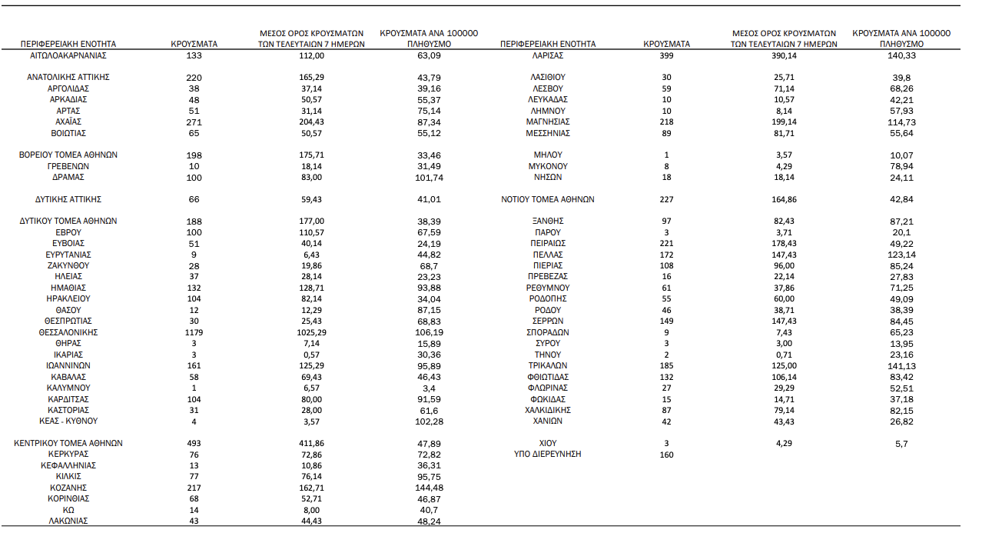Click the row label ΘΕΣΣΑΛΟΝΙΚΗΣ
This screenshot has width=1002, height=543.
click(68, 332)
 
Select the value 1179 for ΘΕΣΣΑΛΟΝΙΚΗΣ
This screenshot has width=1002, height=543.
click(194, 332)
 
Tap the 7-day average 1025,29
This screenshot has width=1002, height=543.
click(312, 332)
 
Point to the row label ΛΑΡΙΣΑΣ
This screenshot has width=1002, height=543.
click(547, 55)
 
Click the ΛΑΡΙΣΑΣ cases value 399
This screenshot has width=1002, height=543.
click(666, 55)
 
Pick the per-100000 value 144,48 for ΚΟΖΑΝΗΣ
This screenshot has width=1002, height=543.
click(430, 488)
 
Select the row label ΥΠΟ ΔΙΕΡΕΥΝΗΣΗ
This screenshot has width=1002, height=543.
click(547, 454)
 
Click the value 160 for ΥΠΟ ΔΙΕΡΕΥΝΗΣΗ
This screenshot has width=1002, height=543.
click(666, 455)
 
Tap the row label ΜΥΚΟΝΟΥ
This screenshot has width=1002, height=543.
click(547, 166)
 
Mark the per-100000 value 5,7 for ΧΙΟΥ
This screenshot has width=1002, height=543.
click(901, 444)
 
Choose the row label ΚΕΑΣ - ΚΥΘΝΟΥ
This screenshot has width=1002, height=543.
click(68, 421)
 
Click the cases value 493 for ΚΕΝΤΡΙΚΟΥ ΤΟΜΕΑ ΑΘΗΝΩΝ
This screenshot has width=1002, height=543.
click(194, 443)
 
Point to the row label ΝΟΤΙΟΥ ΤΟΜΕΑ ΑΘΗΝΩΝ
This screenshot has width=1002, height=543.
click(547, 199)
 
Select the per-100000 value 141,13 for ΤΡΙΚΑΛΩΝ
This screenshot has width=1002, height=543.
click(901, 365)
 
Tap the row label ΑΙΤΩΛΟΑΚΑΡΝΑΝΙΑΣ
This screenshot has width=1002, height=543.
click(68, 55)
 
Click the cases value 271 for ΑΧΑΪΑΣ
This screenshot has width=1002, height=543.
click(194, 122)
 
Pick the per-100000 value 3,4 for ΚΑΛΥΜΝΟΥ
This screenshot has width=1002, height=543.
click(430, 388)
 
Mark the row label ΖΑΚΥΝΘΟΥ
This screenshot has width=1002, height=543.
click(68, 265)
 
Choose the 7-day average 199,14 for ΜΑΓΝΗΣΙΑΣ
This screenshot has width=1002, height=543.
click(785, 122)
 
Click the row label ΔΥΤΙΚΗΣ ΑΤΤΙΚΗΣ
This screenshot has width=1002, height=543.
click(68, 199)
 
